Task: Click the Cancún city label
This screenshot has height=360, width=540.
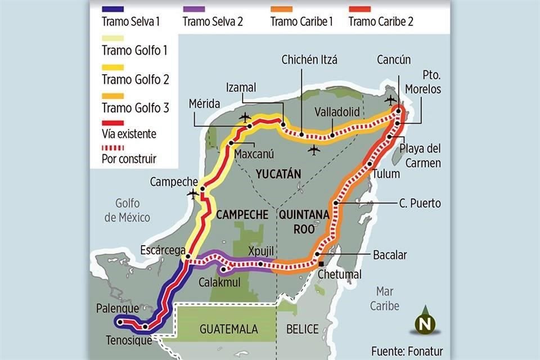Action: point(394,60)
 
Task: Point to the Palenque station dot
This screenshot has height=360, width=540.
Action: point(119,322)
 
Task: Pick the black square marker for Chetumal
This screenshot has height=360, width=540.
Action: point(321,264)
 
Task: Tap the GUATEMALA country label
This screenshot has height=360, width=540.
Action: point(228,329)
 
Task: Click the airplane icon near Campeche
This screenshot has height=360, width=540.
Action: point(193,194)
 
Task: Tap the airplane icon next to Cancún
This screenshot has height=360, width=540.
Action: point(390,100)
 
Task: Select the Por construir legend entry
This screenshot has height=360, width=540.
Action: point(129,159)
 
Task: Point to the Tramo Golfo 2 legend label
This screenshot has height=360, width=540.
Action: point(136,79)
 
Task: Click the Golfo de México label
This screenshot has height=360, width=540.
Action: point(127,211)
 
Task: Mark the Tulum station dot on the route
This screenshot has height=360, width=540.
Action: point(369,164)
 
